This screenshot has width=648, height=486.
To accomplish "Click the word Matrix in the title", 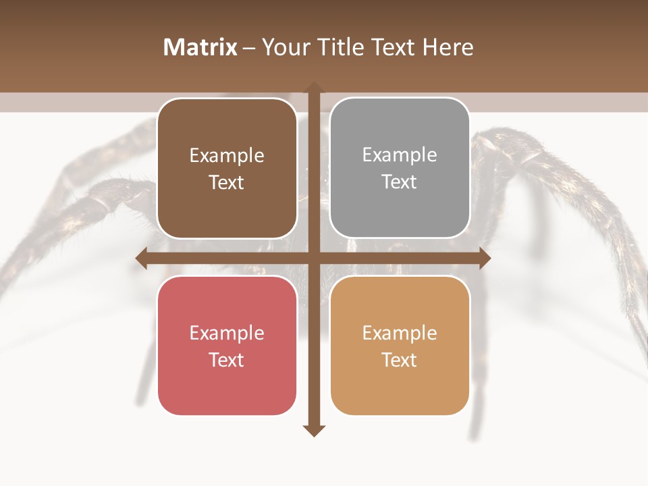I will [200, 47].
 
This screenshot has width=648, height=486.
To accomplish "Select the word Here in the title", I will [448, 47].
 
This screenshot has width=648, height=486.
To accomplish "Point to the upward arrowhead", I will [313, 87].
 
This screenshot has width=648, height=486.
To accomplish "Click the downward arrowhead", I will [313, 431].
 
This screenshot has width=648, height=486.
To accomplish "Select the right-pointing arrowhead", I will [485, 259].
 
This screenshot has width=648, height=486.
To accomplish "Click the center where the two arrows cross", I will [313, 259].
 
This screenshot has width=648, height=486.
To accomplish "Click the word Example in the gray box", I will [400, 155].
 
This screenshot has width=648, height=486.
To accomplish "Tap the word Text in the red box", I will [227, 360].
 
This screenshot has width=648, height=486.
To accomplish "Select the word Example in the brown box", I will [227, 155].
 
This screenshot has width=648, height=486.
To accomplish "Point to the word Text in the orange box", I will [400, 360].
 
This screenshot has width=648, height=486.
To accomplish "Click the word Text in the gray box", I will [400, 182].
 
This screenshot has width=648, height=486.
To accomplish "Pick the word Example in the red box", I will [227, 333].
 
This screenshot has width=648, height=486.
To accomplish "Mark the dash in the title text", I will [249, 48].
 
